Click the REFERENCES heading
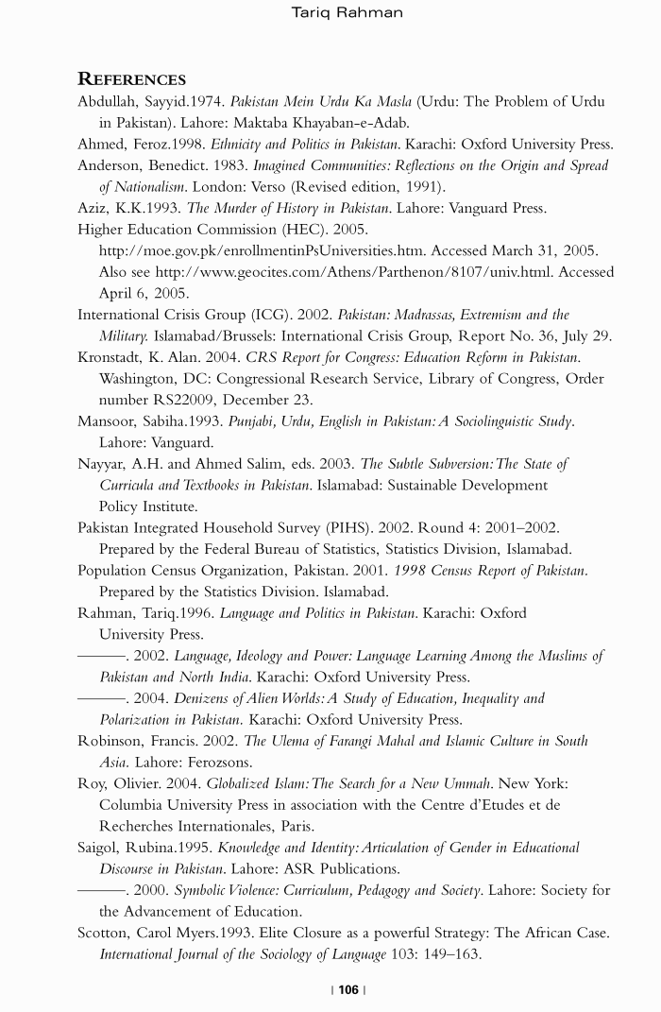pyautogui.click(x=131, y=79)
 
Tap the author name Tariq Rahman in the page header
pyautogui.click(x=347, y=12)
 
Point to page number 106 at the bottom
pyautogui.click(x=348, y=989)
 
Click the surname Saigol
pyautogui.click(x=101, y=848)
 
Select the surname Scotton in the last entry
pyautogui.click(x=105, y=934)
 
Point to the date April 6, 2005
pyautogui.click(x=144, y=293)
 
